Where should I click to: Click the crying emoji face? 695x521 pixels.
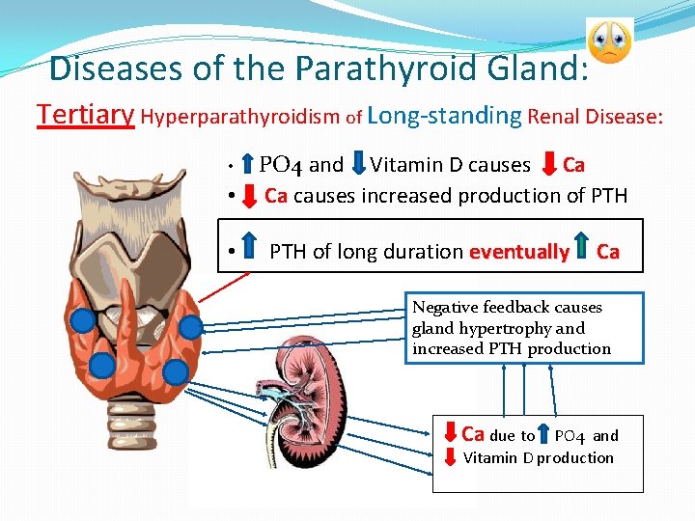pyautogui.click(x=609, y=40)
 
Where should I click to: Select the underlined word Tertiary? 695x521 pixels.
pyautogui.click(x=85, y=115)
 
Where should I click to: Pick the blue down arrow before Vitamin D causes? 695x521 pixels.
pyautogui.click(x=356, y=165)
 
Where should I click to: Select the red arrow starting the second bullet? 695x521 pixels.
pyautogui.click(x=249, y=196)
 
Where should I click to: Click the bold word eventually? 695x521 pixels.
pyautogui.click(x=518, y=253)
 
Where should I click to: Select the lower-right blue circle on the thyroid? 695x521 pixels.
pyautogui.click(x=175, y=371)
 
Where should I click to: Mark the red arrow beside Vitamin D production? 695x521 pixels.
pyautogui.click(x=450, y=456)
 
